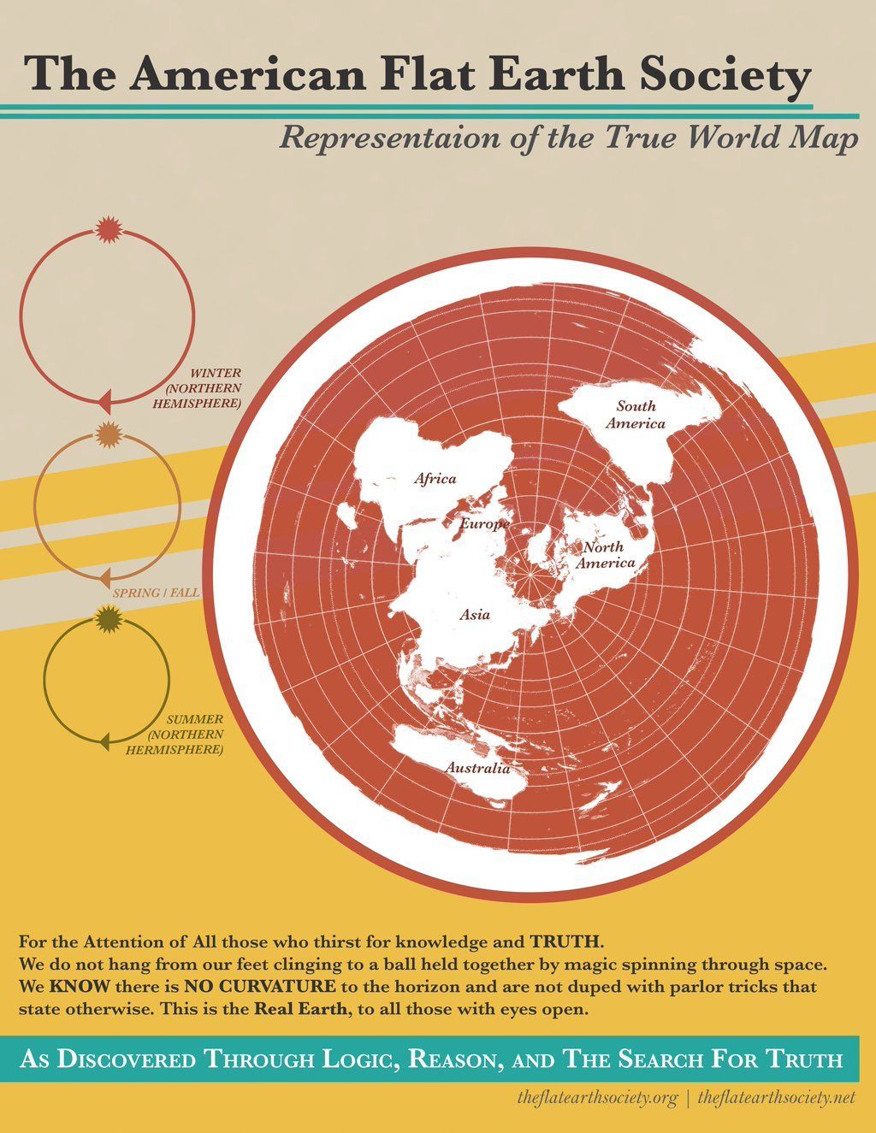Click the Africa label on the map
(435, 479)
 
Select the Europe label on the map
(485, 523)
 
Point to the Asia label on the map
(475, 614)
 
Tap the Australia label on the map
(476, 768)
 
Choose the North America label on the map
(604, 555)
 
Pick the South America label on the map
(636, 415)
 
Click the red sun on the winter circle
(108, 230)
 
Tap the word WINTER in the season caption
(216, 374)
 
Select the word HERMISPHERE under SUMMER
(175, 750)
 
